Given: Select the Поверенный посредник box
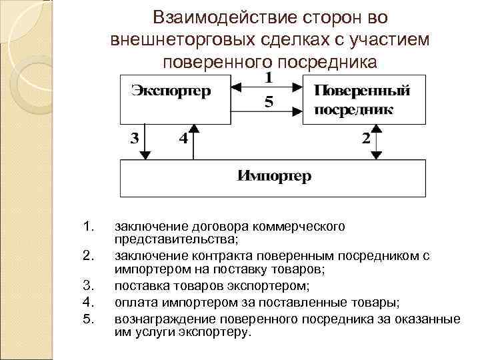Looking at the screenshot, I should pyautogui.click(x=364, y=99).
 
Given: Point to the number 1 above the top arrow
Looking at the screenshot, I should pyautogui.click(x=268, y=77).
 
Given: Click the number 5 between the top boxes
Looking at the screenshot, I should pyautogui.click(x=268, y=103).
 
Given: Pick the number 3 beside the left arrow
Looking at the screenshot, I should pyautogui.click(x=134, y=139).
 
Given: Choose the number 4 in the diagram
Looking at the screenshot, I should pyautogui.click(x=182, y=139).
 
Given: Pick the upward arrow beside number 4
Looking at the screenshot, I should pyautogui.click(x=193, y=141).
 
